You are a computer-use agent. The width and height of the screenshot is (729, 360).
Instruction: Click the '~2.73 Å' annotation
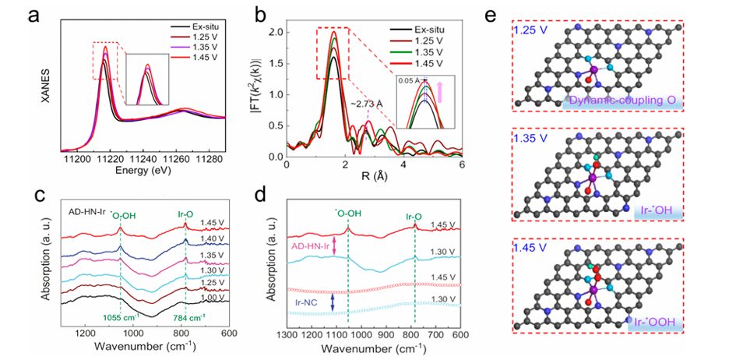coord(368,104)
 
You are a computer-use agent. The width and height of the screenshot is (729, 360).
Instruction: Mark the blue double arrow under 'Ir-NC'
coord(333,300)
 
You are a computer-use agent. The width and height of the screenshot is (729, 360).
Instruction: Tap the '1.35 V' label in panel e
coord(531,138)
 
